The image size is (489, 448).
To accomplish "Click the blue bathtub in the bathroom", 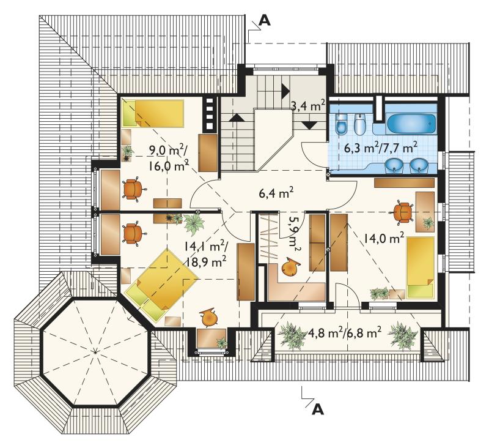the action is (411, 124).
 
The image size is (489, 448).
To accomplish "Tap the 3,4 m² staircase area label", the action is (308, 105).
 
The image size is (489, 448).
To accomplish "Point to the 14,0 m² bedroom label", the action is (383, 239).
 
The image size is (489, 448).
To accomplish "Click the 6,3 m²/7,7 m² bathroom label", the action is (380, 147).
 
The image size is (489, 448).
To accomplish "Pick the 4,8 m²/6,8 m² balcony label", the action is (344, 332).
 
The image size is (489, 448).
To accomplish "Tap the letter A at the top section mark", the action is (265, 20).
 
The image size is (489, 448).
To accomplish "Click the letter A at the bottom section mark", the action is (318, 409).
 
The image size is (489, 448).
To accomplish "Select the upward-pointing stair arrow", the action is (237, 118).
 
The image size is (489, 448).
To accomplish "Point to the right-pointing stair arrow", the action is (285, 91).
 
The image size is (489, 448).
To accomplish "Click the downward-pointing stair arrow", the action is (311, 125).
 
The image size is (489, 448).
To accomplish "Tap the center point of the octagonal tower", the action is (95, 352).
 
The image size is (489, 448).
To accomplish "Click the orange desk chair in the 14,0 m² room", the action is (402, 212).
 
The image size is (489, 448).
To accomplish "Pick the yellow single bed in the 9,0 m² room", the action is (152, 114).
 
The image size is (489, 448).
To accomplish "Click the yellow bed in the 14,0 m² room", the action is (420, 267).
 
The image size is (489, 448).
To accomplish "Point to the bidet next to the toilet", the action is (359, 124).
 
